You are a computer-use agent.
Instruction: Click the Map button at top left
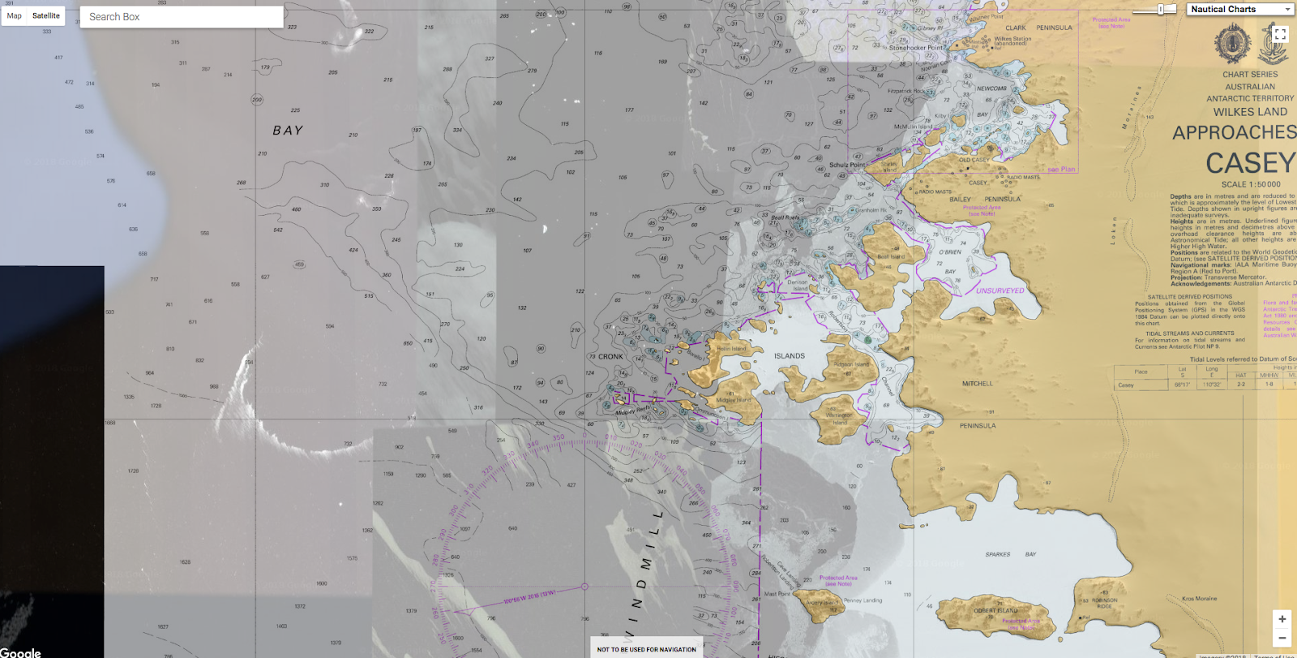coord(15,15)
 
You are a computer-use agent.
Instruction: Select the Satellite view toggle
coord(46,15)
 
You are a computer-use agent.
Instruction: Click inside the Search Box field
coord(182,16)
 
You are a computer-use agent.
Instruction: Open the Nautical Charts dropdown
coord(1240,9)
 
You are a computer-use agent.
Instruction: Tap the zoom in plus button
coord(1282,619)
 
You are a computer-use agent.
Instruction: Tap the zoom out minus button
coord(1282,638)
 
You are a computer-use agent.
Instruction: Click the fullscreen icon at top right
coord(1280,34)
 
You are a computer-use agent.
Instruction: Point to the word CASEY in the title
coord(1249,164)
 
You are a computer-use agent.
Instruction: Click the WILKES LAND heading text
coord(1250,112)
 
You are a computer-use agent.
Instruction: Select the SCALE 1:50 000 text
coord(1251,184)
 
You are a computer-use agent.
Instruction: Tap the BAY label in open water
coord(288,131)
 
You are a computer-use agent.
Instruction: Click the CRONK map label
coord(610,356)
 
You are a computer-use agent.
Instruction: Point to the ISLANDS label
coord(789,356)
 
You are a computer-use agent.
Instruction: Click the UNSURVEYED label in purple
coord(1000,290)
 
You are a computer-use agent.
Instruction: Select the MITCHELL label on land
coord(977,384)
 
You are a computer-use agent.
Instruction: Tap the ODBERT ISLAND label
coord(995,611)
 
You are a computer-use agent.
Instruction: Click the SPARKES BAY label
coord(1010,554)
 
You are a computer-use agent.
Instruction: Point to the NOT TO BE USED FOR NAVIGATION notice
coord(646,649)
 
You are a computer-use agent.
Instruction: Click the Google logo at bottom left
coord(20,652)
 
